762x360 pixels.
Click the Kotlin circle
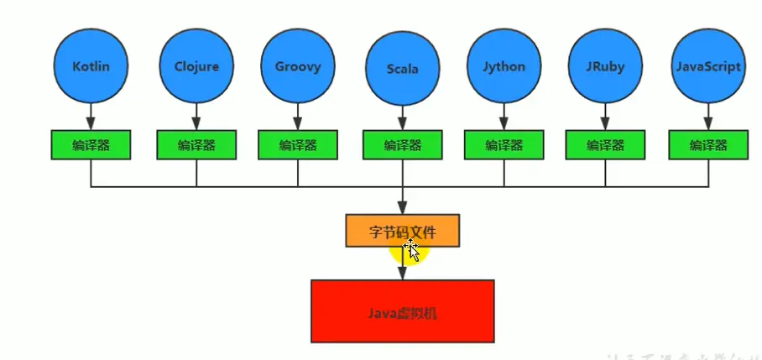tap(91, 66)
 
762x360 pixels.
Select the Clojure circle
tap(196, 66)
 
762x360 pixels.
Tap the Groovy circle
tap(298, 66)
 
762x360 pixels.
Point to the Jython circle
tap(504, 66)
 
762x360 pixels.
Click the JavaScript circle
tap(708, 66)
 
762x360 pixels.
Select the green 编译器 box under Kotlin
tap(91, 144)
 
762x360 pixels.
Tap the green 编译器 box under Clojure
tap(196, 144)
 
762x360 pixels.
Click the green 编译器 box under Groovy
tap(298, 144)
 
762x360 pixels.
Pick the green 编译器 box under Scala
tap(403, 144)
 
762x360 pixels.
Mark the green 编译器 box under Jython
tap(504, 144)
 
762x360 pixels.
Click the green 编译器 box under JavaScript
tap(708, 144)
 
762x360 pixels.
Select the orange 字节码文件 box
tap(403, 230)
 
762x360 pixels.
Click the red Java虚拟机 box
tap(403, 311)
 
